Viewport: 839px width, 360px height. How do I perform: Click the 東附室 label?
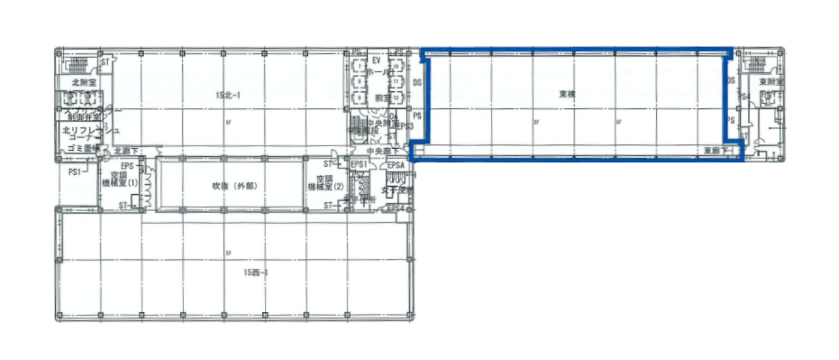[771, 82]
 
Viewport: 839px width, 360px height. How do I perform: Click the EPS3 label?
[406, 126]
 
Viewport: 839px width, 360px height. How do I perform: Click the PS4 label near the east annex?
[745, 97]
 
